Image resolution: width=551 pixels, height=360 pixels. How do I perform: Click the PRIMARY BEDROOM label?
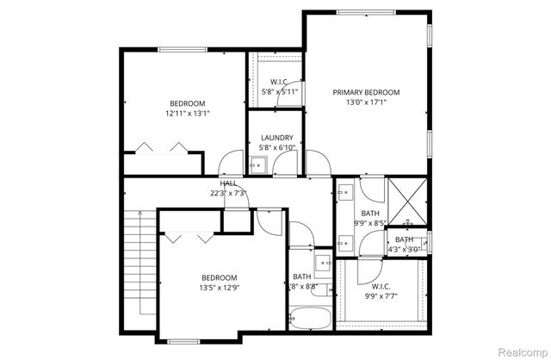(x=367, y=92)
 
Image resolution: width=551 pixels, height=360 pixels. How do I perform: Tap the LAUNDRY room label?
(x=277, y=137)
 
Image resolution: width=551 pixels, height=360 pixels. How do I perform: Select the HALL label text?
(x=228, y=183)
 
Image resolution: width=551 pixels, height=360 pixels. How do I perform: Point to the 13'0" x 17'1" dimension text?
(x=367, y=102)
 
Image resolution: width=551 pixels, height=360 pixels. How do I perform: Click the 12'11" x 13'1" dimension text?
(x=188, y=113)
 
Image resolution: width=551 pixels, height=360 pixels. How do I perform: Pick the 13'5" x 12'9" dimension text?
(x=219, y=288)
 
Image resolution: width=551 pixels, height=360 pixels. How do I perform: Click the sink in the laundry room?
(x=259, y=164)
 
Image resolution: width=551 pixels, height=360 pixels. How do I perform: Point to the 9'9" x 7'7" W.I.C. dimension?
(x=381, y=295)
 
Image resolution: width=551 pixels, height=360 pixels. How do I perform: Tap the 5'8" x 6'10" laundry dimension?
(x=277, y=147)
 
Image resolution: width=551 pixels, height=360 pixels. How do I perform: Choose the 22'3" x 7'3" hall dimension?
(x=227, y=193)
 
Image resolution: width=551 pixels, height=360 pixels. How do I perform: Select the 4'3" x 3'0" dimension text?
(x=405, y=250)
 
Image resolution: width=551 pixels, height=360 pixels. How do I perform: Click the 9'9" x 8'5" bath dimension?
(x=371, y=224)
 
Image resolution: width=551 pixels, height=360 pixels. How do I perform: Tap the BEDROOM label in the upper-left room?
(x=187, y=102)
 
